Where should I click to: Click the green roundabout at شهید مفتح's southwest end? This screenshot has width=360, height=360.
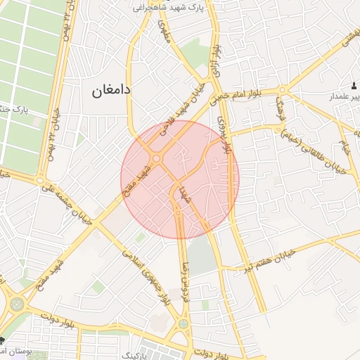pos(15,304)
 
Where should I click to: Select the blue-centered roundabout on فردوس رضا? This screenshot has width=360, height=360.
pos(184,325)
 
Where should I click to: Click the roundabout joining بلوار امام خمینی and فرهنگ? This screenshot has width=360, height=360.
pos(282,90)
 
